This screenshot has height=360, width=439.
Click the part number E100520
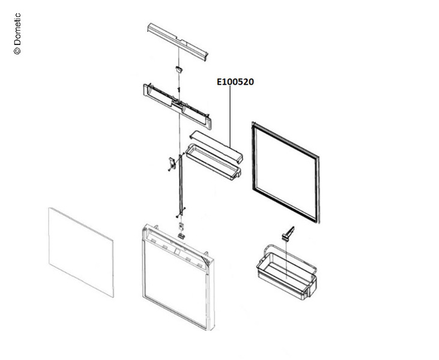(x=235, y=82)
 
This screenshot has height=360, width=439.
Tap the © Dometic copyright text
(x=17, y=34)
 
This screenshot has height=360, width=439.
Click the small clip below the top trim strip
(x=178, y=70)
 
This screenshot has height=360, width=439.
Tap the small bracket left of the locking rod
(x=171, y=162)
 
